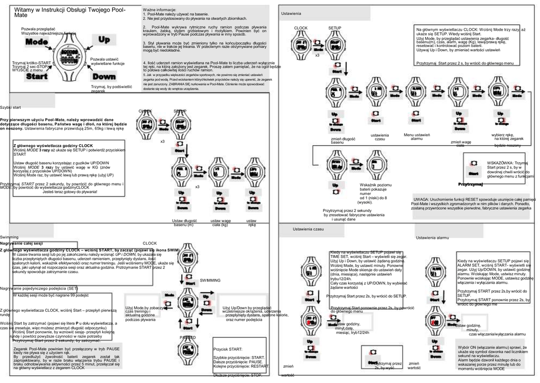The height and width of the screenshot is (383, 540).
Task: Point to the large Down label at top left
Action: click(x=104, y=77)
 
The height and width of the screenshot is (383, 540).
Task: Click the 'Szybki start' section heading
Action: click(x=11, y=107)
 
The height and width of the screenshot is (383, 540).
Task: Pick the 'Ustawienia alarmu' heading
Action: click(x=432, y=238)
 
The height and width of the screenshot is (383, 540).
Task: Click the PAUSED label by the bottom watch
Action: click(x=188, y=337)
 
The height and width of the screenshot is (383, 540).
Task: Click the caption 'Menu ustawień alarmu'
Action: click(x=417, y=137)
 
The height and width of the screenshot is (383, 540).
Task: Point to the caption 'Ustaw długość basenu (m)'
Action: click(x=184, y=222)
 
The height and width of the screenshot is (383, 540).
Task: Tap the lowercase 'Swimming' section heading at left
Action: click(x=9, y=238)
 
